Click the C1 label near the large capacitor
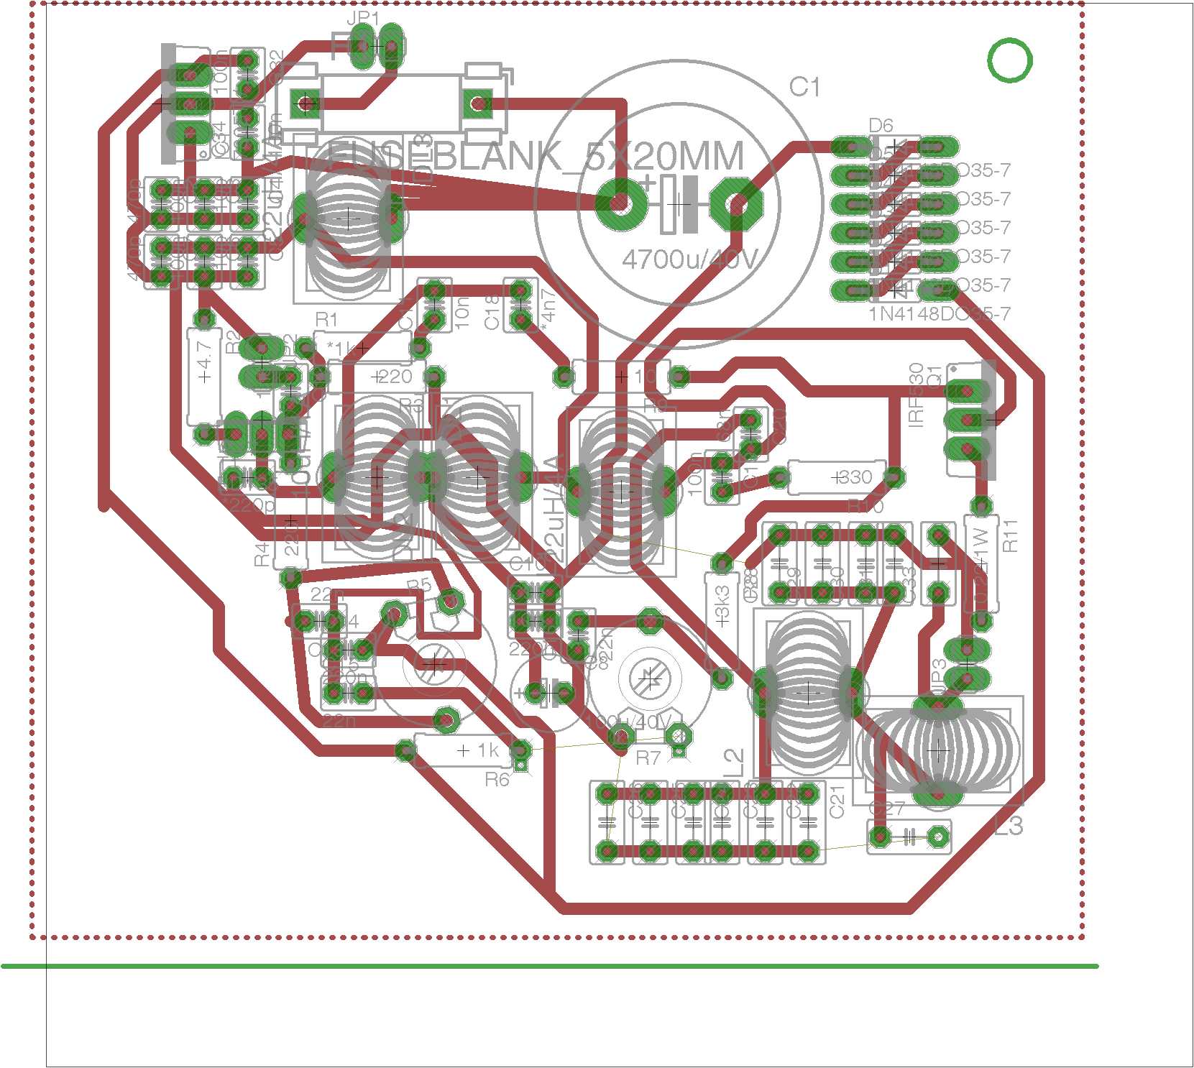coord(804,88)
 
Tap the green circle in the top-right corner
coord(1009,60)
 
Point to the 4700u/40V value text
coord(689,259)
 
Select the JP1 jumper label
coord(363,18)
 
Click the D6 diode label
coord(881,126)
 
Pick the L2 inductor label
coord(733,762)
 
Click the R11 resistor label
coord(1010,536)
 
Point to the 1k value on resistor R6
coord(488,750)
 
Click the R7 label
coord(648,758)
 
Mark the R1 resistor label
coord(326,319)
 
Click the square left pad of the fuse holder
coord(306,104)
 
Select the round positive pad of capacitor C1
coord(618,204)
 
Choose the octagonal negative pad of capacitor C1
coord(735,204)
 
